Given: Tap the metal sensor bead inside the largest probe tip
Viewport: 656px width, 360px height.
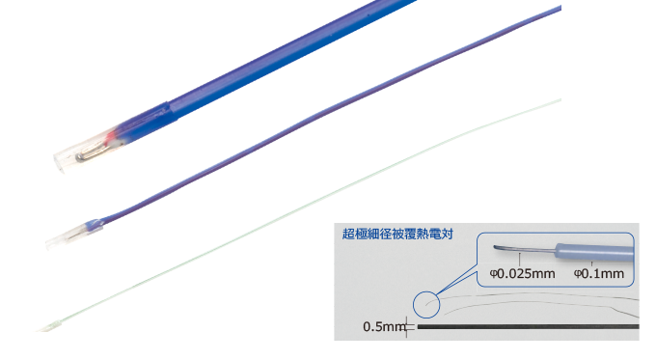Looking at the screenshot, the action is (x=85, y=150).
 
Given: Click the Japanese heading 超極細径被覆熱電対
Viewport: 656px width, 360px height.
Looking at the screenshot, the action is (x=397, y=234).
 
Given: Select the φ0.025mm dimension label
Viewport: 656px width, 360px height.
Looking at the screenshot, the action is (x=522, y=273).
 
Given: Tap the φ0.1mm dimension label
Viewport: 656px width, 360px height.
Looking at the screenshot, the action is (x=599, y=273).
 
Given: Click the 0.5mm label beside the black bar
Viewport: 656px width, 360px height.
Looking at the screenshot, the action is (x=384, y=326).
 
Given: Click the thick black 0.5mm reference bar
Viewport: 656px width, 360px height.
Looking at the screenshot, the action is (x=526, y=326).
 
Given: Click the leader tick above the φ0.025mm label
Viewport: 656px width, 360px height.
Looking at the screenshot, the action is (x=522, y=259).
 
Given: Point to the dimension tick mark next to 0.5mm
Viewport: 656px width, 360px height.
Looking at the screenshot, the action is (x=411, y=327).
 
